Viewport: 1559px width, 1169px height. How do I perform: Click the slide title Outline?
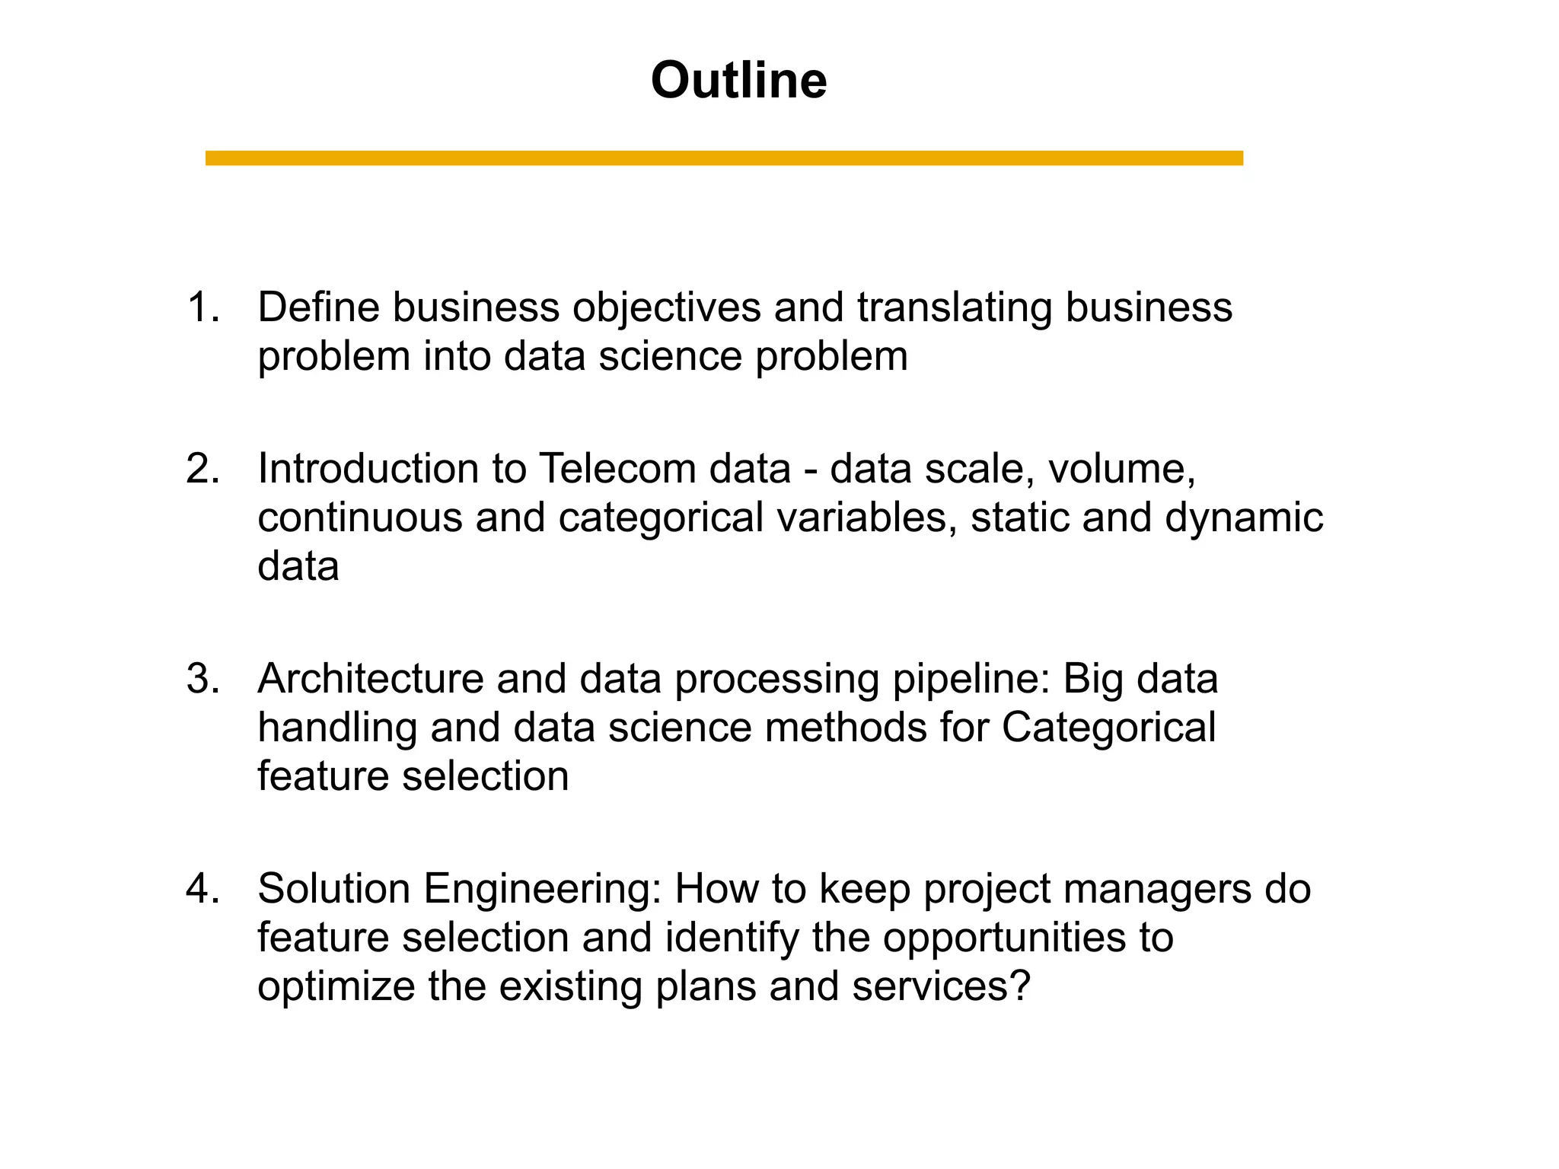tap(738, 80)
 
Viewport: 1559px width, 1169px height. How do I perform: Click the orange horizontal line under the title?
tap(723, 158)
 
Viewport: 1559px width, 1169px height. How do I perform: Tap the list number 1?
tap(202, 307)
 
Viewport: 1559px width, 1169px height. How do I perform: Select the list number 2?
tap(202, 468)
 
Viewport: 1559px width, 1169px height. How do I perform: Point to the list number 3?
tap(202, 678)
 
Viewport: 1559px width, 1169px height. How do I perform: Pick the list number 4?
tap(202, 888)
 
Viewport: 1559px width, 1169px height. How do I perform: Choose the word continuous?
tap(360, 518)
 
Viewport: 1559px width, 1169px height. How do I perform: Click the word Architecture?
tap(370, 678)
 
